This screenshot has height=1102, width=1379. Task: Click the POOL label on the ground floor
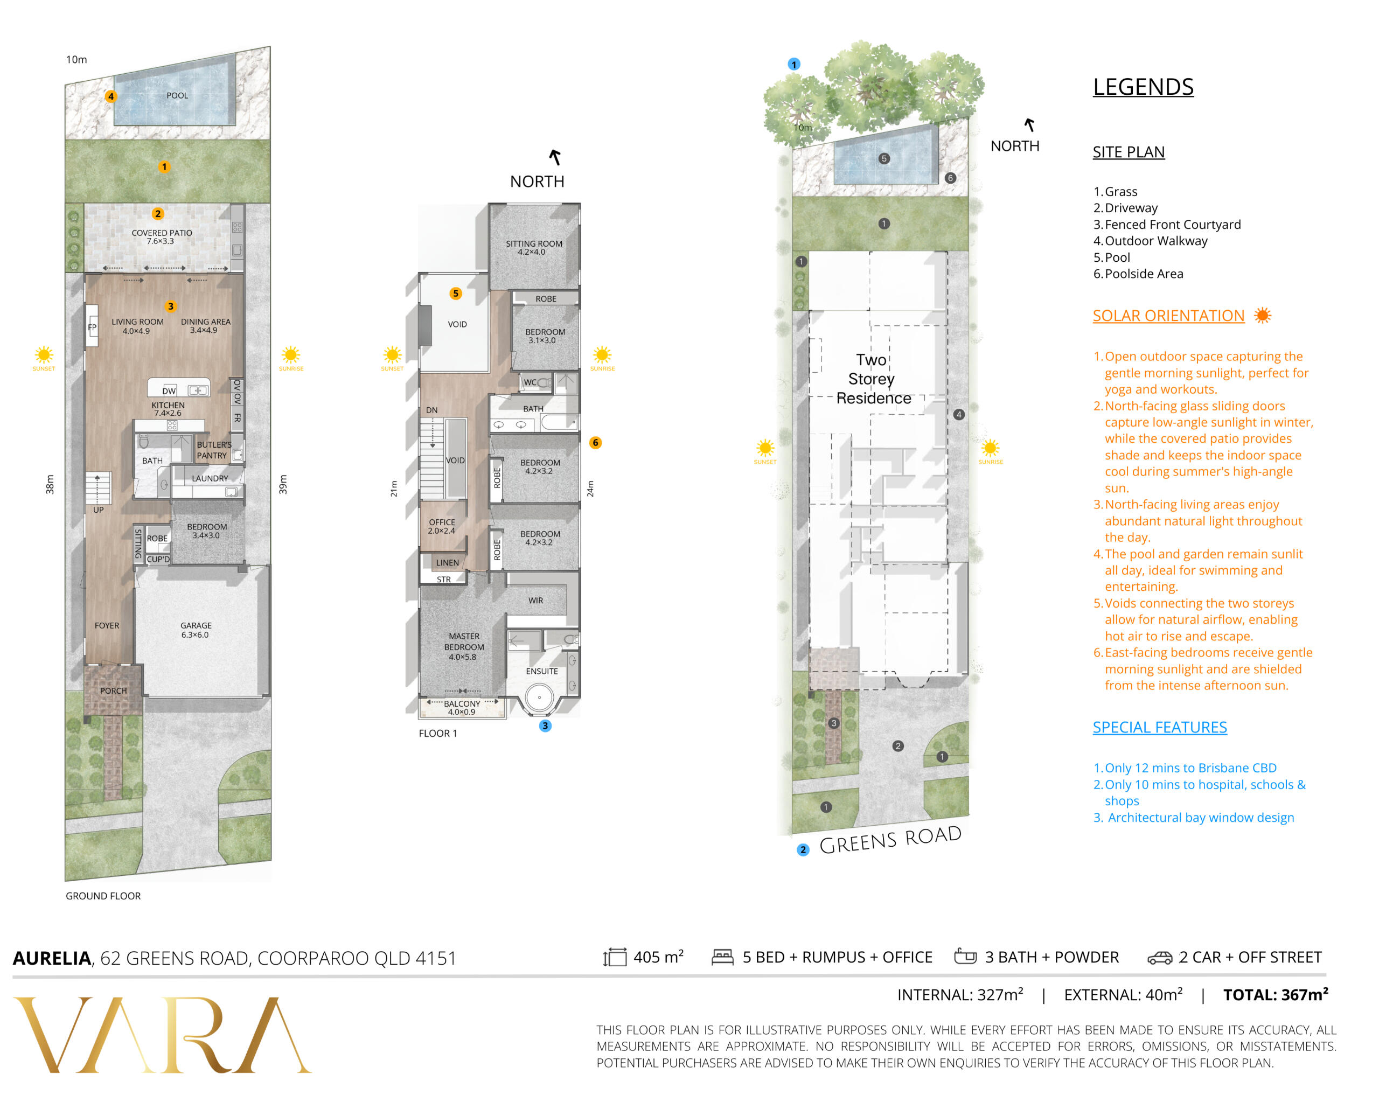click(177, 96)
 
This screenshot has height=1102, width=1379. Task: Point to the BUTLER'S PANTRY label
click(214, 450)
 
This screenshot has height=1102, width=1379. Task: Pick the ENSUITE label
click(542, 672)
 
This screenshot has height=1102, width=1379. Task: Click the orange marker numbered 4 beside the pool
click(110, 96)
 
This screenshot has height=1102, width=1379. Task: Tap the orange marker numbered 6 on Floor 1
click(595, 443)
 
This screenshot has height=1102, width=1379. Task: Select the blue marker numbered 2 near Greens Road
click(803, 850)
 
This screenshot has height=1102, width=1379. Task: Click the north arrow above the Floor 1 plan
click(554, 157)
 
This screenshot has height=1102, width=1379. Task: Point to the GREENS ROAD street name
click(890, 840)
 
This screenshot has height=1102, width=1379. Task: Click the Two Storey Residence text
click(873, 379)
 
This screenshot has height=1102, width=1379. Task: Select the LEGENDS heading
click(1143, 87)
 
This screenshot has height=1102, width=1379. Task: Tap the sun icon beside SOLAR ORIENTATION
click(1263, 315)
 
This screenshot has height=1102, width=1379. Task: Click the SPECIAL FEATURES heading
click(1160, 727)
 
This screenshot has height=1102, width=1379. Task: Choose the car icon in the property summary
click(1160, 958)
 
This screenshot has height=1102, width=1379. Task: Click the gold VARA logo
click(163, 1034)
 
